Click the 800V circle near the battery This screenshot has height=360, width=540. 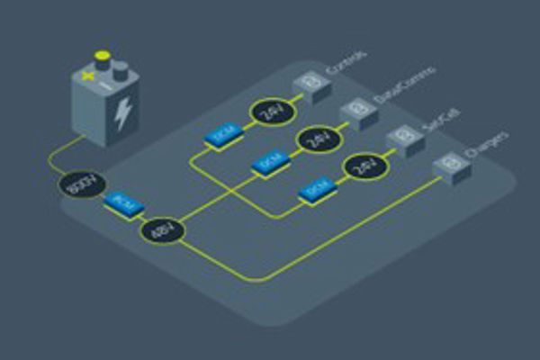point(78,188)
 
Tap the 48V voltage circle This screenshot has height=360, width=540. point(162,231)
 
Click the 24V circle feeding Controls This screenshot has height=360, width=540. point(270,112)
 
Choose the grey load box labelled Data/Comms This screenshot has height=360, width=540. point(357,112)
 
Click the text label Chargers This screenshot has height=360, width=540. point(488,146)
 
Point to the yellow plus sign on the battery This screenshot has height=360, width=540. point(88,76)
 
